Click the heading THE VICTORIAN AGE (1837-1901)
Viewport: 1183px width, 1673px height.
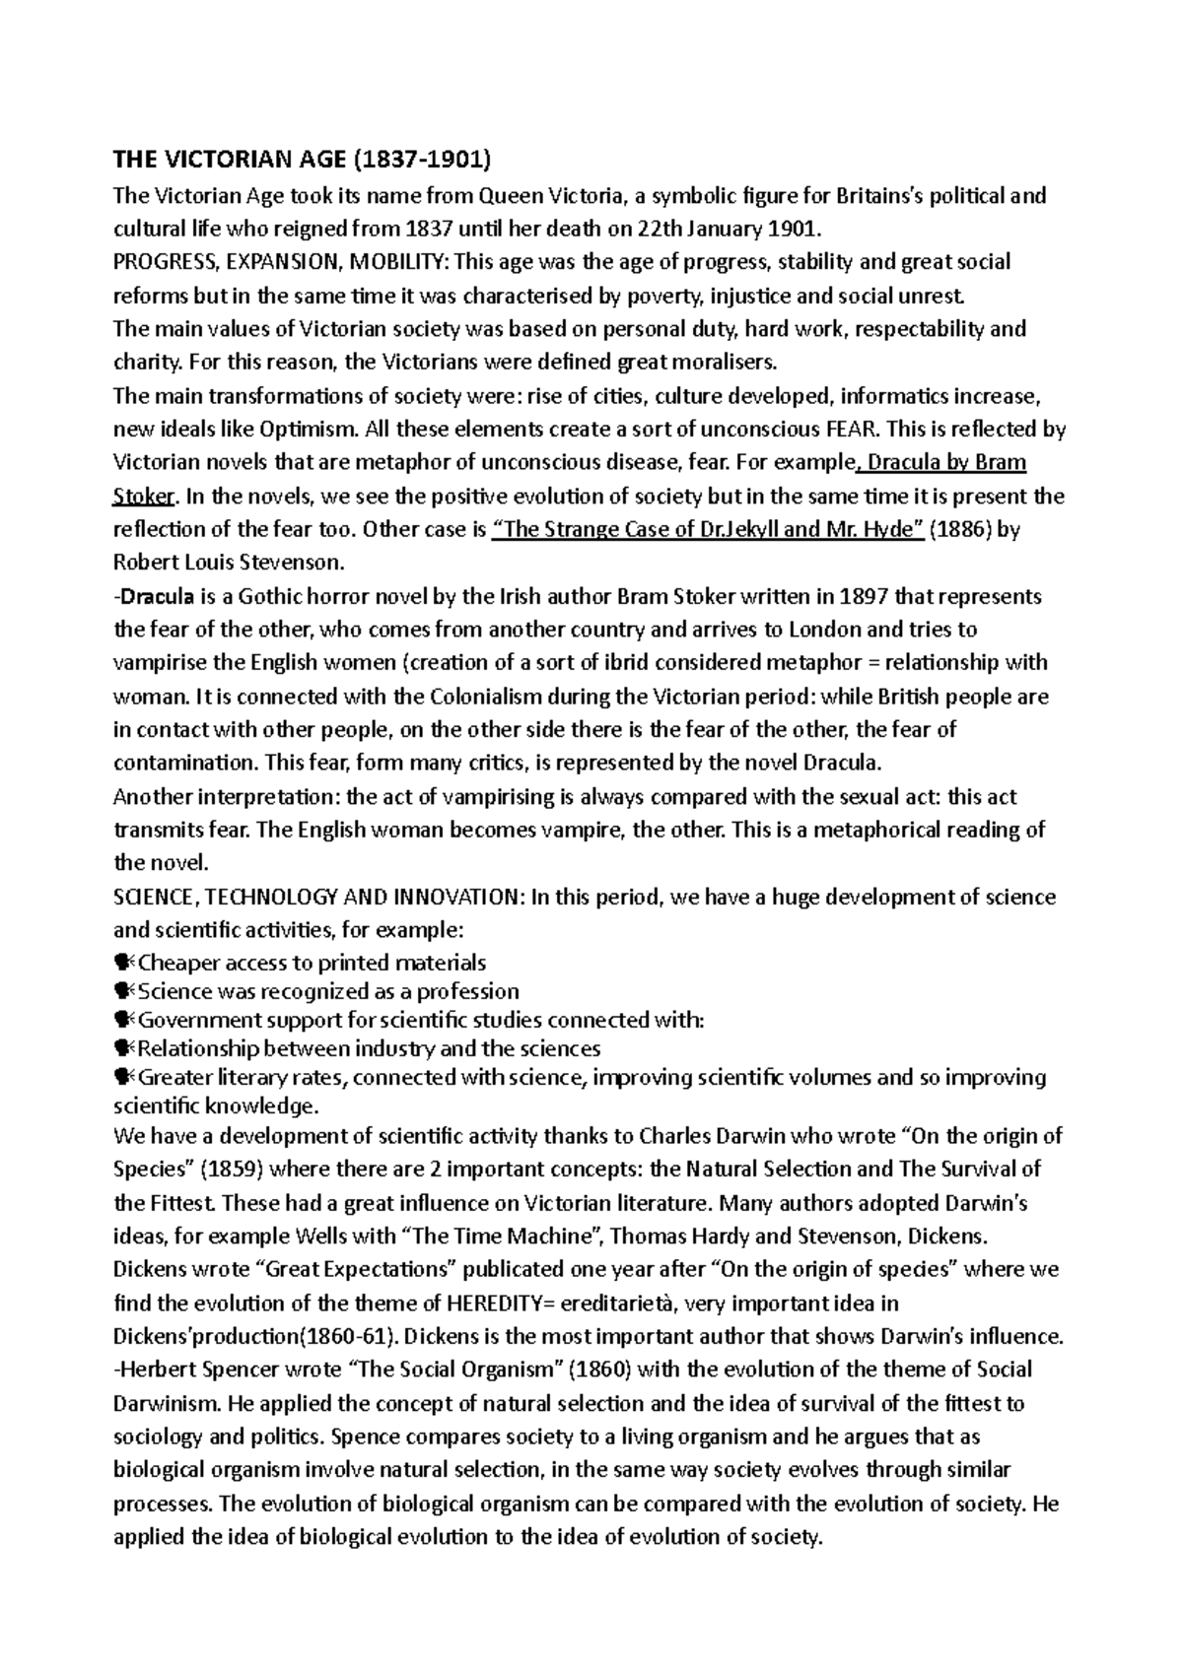click(302, 161)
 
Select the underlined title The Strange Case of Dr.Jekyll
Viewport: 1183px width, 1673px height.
click(707, 530)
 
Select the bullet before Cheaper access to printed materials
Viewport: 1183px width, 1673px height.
click(123, 963)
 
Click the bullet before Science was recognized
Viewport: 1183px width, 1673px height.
click(123, 991)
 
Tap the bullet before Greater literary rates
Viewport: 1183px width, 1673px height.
click(123, 1077)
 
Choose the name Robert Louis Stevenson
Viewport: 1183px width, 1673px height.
click(230, 564)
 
